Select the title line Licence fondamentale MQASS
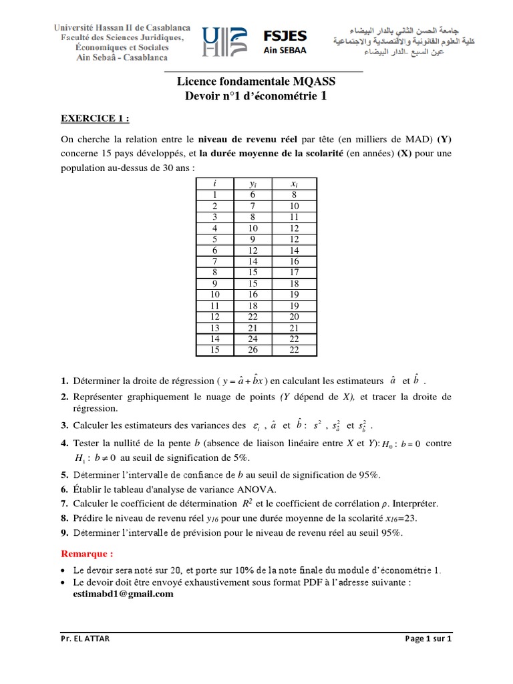[x=256, y=81]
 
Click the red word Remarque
[x=87, y=554]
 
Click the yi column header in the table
[x=253, y=184]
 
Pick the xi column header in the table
[x=294, y=184]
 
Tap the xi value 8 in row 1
[x=294, y=195]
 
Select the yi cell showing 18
[x=253, y=306]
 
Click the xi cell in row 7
[x=294, y=262]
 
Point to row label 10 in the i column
[x=214, y=295]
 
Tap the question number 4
[x=64, y=444]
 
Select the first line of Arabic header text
[x=391, y=31]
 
